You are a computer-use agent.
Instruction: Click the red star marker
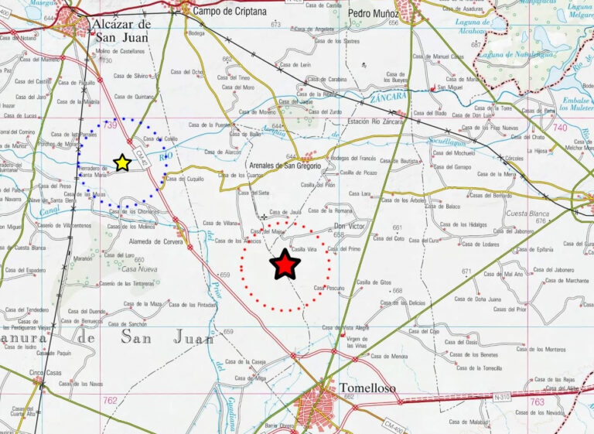click(x=285, y=265)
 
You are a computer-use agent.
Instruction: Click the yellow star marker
click(x=121, y=162)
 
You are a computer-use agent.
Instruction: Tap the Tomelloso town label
click(x=367, y=388)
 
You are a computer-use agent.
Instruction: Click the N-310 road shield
click(x=502, y=397)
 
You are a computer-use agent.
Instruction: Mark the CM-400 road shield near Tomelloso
click(x=394, y=424)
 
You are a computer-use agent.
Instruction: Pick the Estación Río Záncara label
click(x=377, y=121)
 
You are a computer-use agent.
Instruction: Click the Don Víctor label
click(x=348, y=227)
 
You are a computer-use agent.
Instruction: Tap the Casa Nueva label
click(x=140, y=269)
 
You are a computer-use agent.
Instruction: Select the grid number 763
click(x=537, y=402)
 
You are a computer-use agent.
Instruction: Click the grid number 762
click(x=108, y=400)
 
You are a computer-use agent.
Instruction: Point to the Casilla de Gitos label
click(x=374, y=282)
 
